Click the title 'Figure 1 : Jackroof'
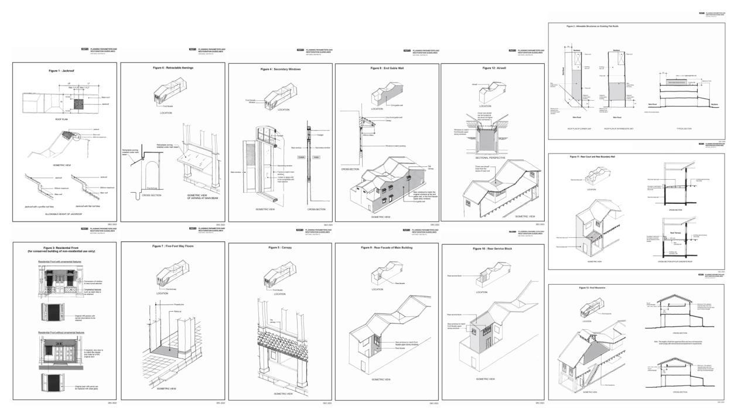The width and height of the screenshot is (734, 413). click(x=65, y=70)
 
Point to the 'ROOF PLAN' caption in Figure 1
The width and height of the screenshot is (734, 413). click(x=62, y=118)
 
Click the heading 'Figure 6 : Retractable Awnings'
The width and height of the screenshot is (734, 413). click(x=173, y=68)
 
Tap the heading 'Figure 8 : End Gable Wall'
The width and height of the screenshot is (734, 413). click(x=386, y=68)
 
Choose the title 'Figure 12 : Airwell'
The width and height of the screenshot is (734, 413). click(x=493, y=68)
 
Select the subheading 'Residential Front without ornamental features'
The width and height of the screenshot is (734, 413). click(x=61, y=332)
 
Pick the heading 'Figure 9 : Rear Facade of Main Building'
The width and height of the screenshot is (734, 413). click(x=387, y=247)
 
